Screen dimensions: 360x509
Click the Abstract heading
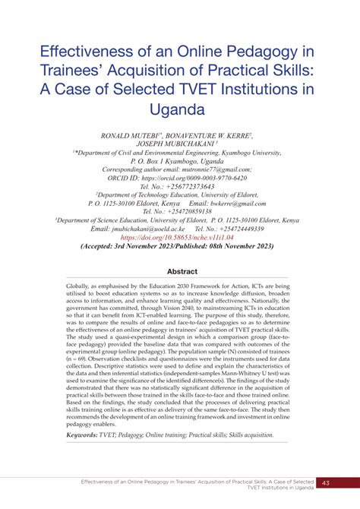tap(180, 272)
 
